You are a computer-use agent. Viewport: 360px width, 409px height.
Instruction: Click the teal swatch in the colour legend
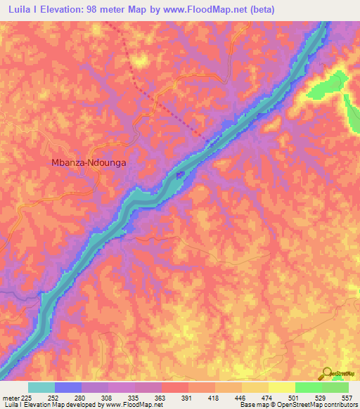(x=41, y=387)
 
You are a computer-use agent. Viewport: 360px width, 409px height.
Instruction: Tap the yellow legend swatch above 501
(x=281, y=387)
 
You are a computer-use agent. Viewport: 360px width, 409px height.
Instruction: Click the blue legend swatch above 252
(x=68, y=387)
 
